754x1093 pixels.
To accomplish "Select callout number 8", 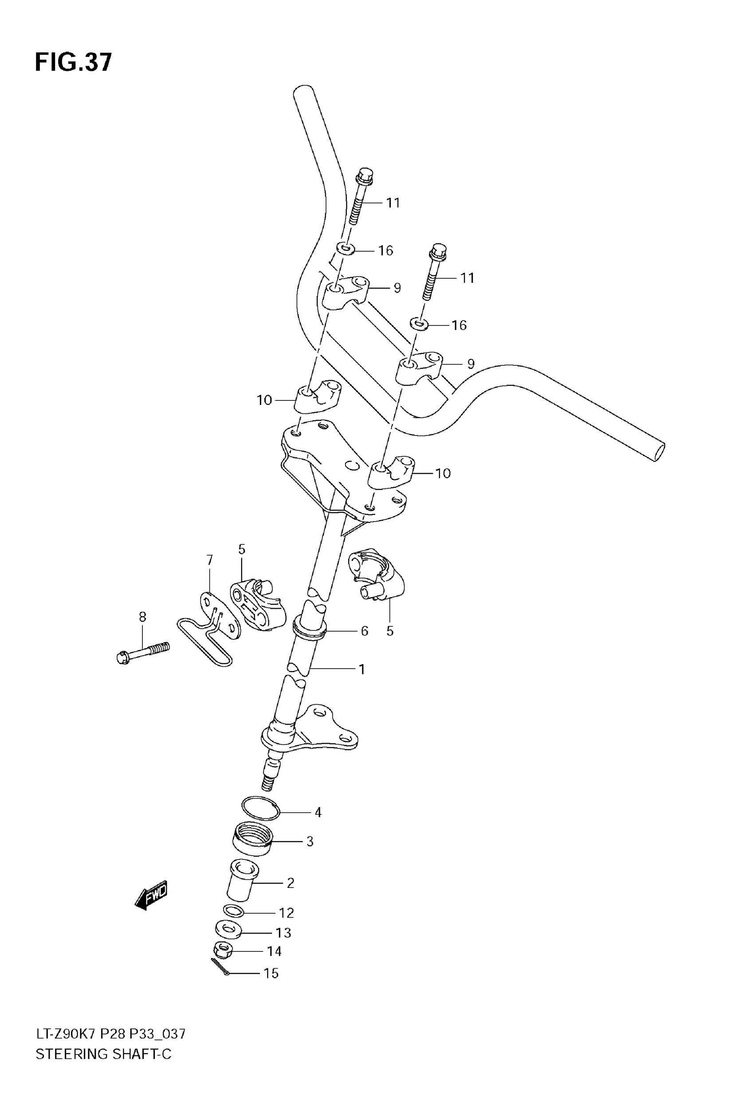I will tap(142, 617).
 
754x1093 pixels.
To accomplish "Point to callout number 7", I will tap(210, 560).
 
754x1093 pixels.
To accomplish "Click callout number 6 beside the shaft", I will tap(364, 631).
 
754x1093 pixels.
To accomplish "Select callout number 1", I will tap(362, 669).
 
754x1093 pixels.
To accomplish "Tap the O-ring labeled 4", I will tap(260, 808).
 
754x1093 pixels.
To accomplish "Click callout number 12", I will tap(286, 912).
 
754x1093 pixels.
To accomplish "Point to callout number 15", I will tap(271, 973).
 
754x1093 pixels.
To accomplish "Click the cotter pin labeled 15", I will tap(220, 966).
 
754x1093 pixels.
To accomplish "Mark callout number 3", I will tap(310, 841).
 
